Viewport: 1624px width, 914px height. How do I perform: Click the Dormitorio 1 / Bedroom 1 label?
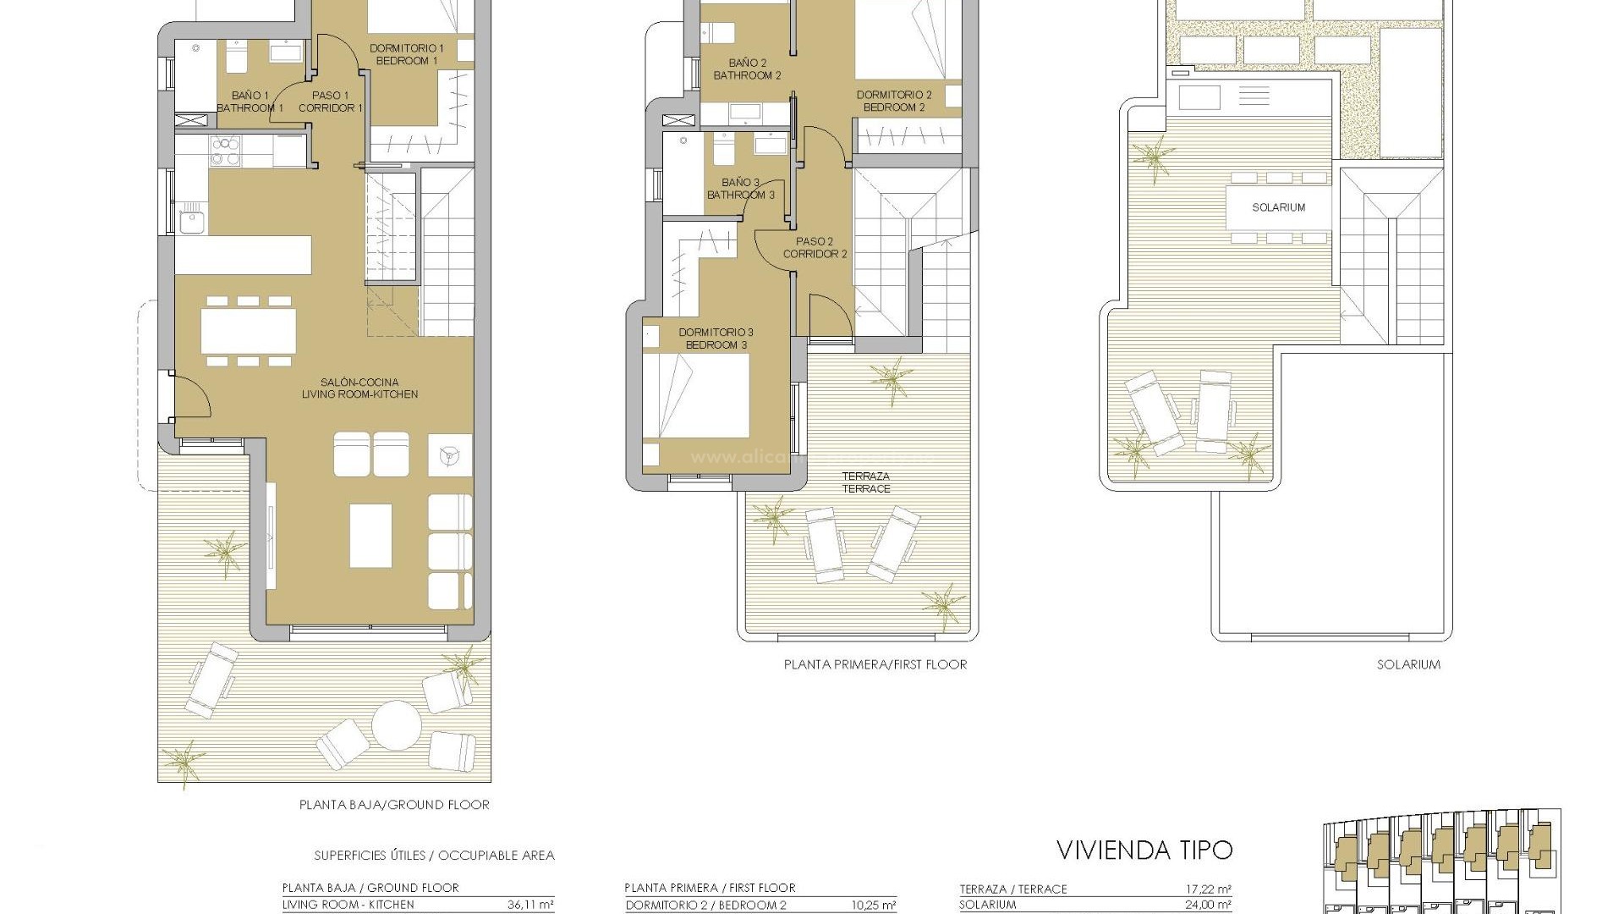[406, 54]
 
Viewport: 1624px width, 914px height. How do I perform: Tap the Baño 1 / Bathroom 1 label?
[250, 102]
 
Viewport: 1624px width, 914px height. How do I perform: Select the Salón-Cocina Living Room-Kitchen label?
[360, 388]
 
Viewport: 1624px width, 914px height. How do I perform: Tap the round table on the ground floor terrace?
[397, 725]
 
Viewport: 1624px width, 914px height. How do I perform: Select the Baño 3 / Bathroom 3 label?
[741, 189]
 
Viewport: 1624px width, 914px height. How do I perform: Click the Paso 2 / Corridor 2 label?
[815, 247]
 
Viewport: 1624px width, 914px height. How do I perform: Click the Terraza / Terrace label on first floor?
[866, 482]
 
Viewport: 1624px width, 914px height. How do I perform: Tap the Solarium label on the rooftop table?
[1278, 207]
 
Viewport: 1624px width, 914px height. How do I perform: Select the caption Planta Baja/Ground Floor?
[394, 805]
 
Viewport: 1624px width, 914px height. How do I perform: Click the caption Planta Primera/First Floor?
[875, 664]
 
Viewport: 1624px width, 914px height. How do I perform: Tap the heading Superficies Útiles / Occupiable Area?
[434, 856]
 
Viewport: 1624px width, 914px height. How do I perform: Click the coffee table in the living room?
[370, 536]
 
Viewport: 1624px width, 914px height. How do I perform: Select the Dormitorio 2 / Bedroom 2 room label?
[894, 101]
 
